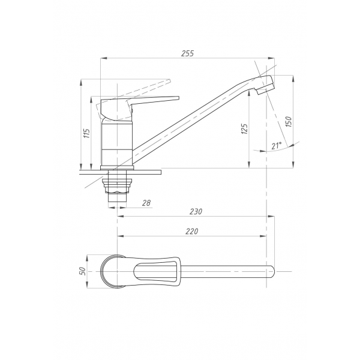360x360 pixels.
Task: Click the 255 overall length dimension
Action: (188, 53)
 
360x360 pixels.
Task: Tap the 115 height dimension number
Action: (87, 133)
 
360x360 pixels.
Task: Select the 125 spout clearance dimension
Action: (245, 129)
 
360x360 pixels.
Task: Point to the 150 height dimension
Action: (289, 122)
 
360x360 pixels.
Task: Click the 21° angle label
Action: (277, 146)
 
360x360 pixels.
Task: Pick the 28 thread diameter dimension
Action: (146, 203)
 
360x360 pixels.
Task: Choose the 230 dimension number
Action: (196, 211)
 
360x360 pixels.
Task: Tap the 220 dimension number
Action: (192, 231)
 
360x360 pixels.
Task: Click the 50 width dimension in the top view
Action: (83, 271)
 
